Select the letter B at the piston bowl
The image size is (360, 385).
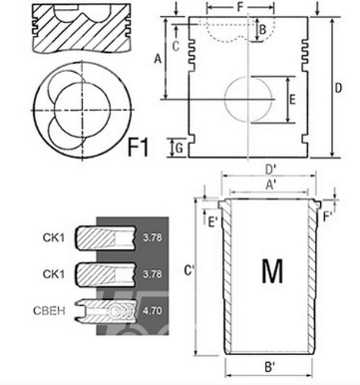[262, 29]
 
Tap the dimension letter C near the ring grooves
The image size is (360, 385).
[176, 45]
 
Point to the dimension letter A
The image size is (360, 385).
[158, 59]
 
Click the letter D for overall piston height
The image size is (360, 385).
[339, 89]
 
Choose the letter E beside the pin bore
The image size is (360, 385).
[291, 99]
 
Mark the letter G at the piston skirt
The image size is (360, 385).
[177, 149]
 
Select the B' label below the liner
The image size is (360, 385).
[270, 368]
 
